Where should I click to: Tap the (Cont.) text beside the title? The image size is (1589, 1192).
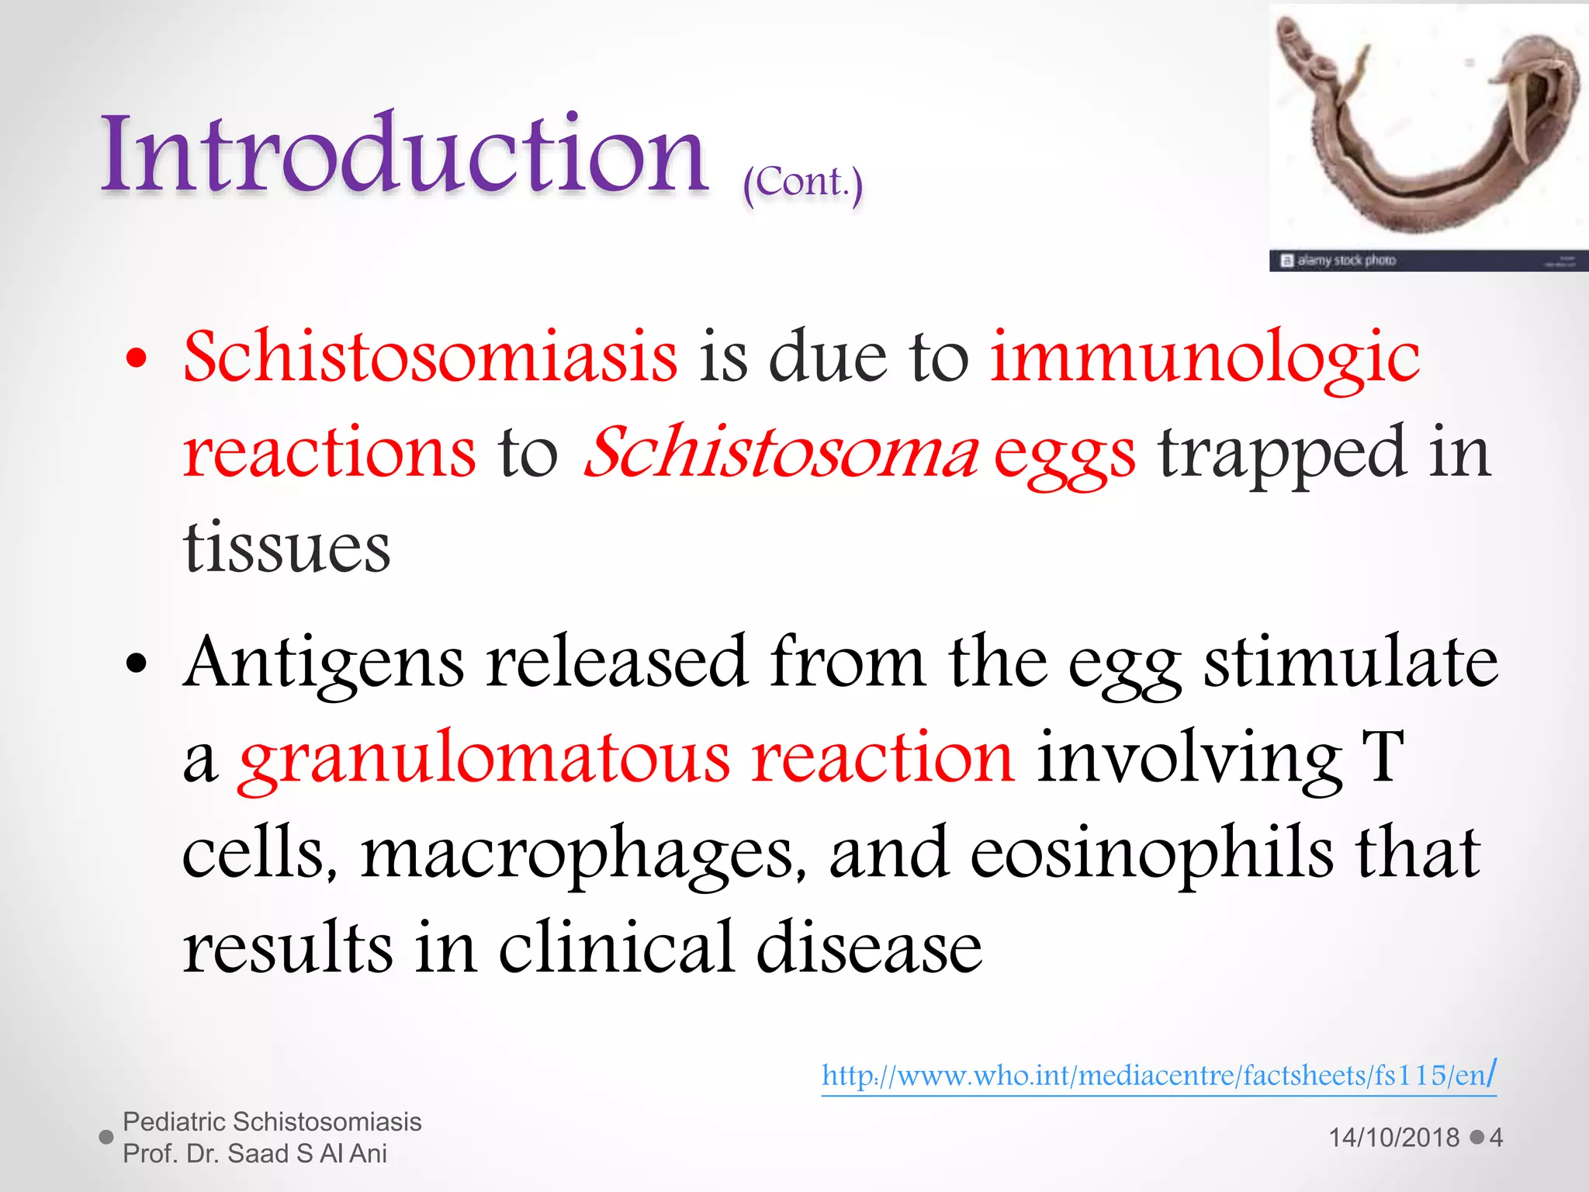(802, 183)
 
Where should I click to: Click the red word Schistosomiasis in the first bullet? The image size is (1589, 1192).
(430, 357)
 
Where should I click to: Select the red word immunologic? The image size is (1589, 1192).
(1204, 359)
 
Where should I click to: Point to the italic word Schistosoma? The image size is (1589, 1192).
(781, 452)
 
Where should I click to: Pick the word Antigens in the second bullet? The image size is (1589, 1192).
(323, 664)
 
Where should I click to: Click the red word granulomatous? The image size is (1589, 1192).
(484, 759)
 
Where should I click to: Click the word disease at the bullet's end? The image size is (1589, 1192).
(868, 948)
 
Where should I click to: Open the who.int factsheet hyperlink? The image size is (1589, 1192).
(1158, 1076)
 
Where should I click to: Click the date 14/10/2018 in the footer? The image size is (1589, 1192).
(1393, 1138)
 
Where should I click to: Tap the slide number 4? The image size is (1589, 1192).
(1496, 1138)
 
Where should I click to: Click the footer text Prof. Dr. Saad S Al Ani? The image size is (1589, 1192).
(254, 1154)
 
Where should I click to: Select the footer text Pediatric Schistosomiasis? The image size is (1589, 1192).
(272, 1122)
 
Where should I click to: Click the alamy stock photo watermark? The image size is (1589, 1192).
(1345, 261)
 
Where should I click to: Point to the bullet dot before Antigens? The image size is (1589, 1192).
(137, 664)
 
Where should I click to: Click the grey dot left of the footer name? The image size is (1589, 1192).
(107, 1138)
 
